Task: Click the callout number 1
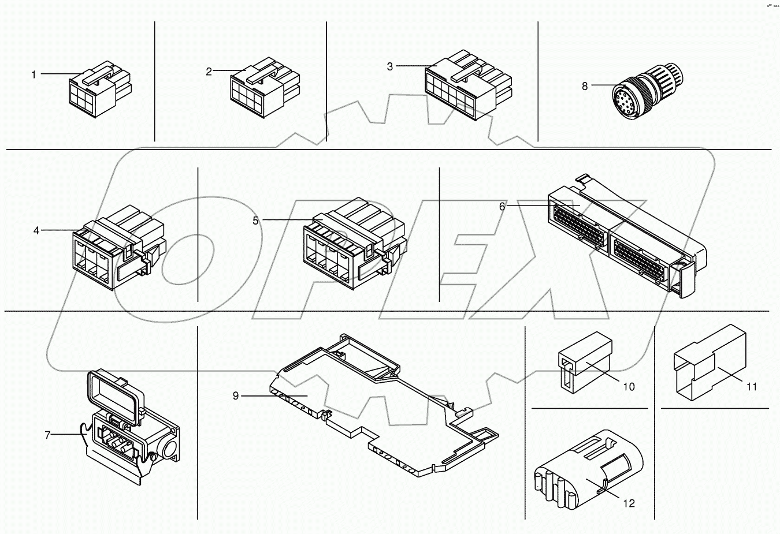[x=34, y=74]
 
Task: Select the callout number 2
[x=209, y=72]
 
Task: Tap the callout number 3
[x=390, y=66]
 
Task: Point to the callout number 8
[x=585, y=86]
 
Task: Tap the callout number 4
[x=36, y=230]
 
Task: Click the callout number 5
[x=255, y=221]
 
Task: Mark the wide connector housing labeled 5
[x=352, y=245]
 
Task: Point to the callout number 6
[x=502, y=206]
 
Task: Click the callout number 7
[x=47, y=435]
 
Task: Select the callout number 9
[x=236, y=395]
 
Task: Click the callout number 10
[x=629, y=386]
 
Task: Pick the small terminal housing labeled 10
[x=584, y=361]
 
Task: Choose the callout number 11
[x=751, y=387]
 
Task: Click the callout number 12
[x=629, y=503]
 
